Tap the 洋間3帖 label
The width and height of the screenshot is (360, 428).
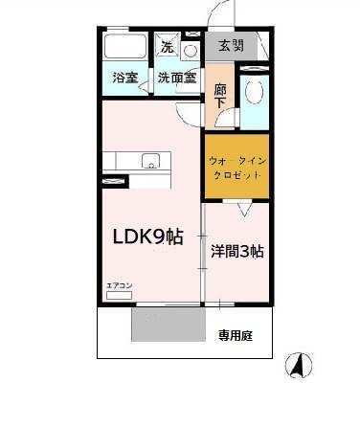click(x=237, y=253)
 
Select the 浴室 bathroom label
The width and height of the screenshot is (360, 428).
click(x=124, y=78)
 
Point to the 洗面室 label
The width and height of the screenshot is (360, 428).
click(x=177, y=78)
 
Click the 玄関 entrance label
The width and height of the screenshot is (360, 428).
click(x=231, y=45)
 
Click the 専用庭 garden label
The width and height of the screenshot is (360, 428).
click(x=235, y=336)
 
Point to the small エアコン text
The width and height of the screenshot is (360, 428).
click(x=119, y=285)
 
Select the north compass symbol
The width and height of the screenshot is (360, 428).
click(x=298, y=365)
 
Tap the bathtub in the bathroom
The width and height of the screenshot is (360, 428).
click(x=124, y=48)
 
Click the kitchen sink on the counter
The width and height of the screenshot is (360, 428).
click(x=151, y=161)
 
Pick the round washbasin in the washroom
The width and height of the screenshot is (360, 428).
click(x=190, y=50)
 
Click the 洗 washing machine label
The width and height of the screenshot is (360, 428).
click(x=167, y=47)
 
